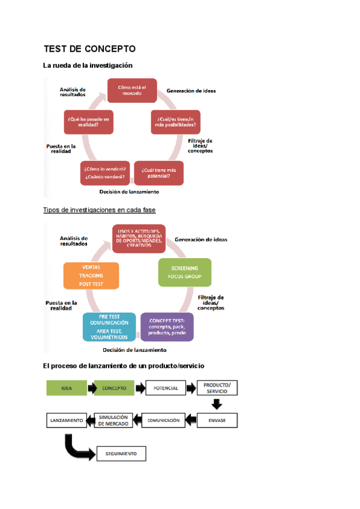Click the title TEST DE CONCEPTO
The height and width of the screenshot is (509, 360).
[x=90, y=49]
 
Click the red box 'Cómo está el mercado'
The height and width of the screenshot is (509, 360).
[x=132, y=90]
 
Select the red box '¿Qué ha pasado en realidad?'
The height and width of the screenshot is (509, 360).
[x=89, y=122]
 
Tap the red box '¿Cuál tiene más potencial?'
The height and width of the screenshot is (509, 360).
[x=159, y=173]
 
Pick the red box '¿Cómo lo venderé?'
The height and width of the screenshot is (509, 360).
[x=105, y=173]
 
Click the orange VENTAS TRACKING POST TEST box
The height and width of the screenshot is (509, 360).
[x=91, y=276]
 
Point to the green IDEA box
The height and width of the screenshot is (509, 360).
[x=67, y=388]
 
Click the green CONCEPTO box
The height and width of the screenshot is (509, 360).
[x=114, y=388]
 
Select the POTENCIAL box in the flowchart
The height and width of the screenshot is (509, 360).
[x=166, y=388]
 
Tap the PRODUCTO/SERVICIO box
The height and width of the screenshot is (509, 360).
[x=217, y=388]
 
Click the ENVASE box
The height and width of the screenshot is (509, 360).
[x=217, y=420]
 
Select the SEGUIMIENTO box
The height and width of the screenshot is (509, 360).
[x=121, y=454]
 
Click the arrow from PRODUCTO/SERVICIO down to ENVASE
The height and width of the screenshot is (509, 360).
[x=217, y=404]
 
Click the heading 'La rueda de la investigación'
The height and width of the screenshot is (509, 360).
[x=88, y=65]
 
